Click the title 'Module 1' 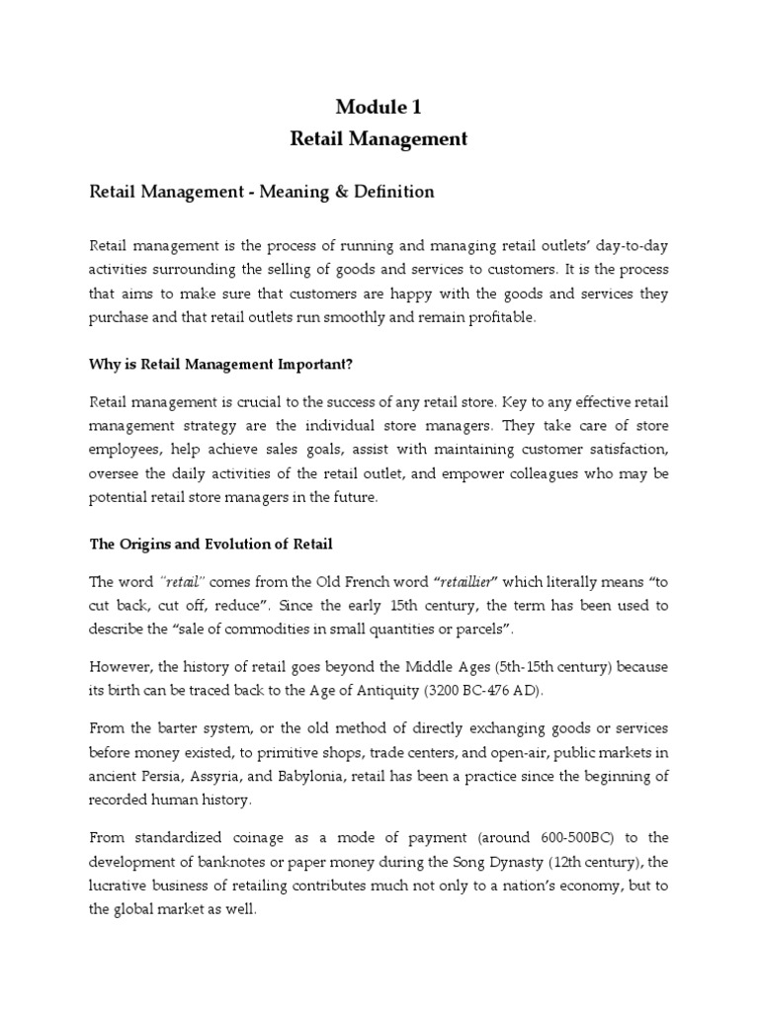[379, 108]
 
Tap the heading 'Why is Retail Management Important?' [221, 365]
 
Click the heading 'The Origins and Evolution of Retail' [211, 545]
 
